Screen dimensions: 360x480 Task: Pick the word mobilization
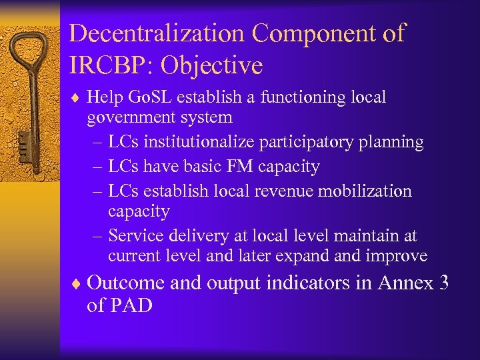(x=366, y=191)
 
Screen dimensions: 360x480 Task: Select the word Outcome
(x=125, y=283)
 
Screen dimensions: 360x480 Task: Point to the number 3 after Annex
(x=444, y=283)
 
